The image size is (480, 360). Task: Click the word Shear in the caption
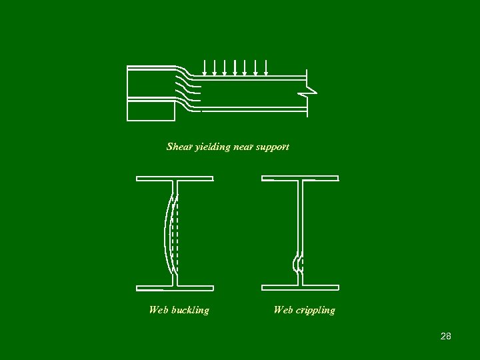pos(179,147)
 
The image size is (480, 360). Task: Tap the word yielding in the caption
pos(212,147)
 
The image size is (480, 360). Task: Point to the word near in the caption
pos(243,147)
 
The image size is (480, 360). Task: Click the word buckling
pos(190,310)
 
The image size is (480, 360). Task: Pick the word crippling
pos(314,310)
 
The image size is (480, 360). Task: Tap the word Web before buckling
pos(159,310)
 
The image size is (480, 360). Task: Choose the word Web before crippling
pos(283,310)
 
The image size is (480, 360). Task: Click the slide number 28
pos(446,336)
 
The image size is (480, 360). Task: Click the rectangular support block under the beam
pos(151,110)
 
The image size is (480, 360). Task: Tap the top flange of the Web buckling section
pos(175,179)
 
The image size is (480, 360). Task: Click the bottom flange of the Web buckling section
pos(175,288)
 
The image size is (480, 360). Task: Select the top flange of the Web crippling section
pos(300,179)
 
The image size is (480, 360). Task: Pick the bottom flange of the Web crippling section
pos(300,288)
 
